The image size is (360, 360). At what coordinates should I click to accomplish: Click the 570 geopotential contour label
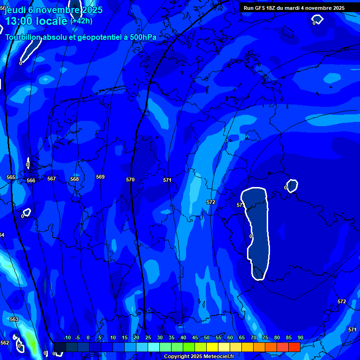pos(130,180)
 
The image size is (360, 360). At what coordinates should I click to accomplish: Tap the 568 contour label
pos(75,179)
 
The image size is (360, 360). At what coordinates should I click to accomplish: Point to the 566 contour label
pos(31,180)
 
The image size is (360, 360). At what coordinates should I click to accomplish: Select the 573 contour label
pos(240,205)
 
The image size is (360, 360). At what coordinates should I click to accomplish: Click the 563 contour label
pos(14,319)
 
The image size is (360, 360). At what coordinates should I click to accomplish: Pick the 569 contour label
pos(100,177)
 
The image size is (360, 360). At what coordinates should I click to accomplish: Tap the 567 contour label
pos(52,179)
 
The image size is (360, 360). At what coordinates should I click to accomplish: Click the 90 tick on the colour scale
pos(300,337)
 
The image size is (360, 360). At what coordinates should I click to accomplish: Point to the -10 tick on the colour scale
pos(67,337)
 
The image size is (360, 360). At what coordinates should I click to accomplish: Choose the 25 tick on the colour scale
pos(148,337)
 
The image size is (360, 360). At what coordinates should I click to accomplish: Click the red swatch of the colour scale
pos(294,347)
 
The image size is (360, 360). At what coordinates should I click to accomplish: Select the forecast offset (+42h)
pos(81,21)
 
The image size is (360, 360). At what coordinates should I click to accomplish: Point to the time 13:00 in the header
pos(21,21)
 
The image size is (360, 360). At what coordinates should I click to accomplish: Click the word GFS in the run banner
pos(261,8)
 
